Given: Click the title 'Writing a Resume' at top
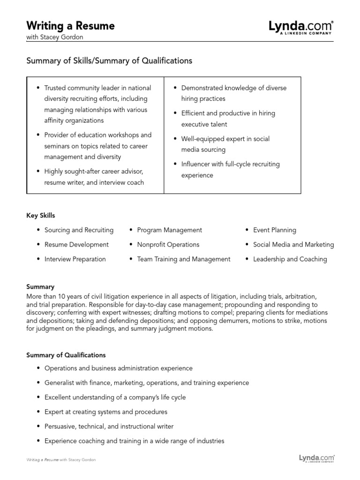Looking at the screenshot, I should coord(70,26).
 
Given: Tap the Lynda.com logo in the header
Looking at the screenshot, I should coord(301,27).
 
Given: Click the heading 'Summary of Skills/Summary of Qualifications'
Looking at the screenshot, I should coord(109,61).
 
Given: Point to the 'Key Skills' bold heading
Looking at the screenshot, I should coord(40,216).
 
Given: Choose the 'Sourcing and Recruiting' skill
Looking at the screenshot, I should coord(79,230).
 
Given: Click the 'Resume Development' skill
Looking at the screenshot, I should coord(76,245).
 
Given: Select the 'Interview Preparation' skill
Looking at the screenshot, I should coord(75,259).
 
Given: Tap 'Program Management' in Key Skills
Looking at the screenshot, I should coord(170,230).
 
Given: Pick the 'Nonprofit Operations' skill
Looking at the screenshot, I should coord(168,245).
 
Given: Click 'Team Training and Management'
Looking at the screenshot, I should coord(184,259).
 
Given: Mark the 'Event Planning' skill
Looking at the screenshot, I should coord(275,230).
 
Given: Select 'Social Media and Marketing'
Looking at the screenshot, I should coord(293,245).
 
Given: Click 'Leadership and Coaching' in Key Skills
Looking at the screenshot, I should coord(290,259).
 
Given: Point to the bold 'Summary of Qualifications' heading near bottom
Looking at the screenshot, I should coord(66,355).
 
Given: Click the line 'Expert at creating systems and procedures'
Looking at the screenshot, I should coord(106,412).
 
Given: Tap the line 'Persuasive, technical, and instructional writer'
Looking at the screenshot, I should coord(109,427).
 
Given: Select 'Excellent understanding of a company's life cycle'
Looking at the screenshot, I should coord(115,397).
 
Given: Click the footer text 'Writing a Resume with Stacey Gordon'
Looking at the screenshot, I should coord(61,460).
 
